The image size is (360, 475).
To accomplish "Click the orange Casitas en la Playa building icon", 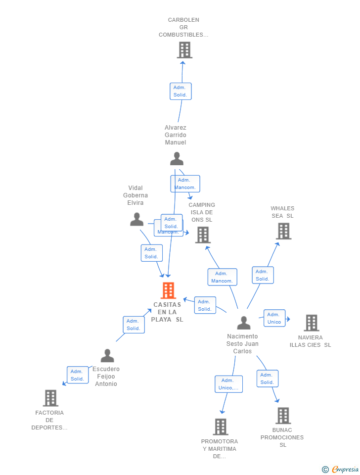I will tap(169, 290).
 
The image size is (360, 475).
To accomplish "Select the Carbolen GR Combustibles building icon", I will tap(184, 50).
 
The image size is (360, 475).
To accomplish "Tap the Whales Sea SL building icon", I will tap(283, 231).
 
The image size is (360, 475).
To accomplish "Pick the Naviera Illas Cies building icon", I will tap(311, 323).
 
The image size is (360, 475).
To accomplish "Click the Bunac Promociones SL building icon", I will tap(283, 416).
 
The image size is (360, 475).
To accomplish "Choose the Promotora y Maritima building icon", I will tap(221, 427).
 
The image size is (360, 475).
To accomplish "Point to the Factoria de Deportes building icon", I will tap(50, 398).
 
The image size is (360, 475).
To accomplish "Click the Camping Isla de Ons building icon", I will tap(203, 235).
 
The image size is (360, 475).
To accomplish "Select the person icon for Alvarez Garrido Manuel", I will tap(177, 159).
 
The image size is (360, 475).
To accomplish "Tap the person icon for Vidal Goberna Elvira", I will tap(137, 219).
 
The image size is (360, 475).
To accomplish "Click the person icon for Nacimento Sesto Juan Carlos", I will tap(244, 323).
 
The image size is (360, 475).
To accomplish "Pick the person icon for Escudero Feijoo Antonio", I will tap(107, 356).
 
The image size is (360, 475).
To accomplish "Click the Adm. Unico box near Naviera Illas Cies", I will tap(274, 318).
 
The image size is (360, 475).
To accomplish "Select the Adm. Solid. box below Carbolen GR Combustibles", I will tap(180, 91).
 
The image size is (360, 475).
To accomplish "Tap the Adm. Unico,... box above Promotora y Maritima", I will tap(228, 384).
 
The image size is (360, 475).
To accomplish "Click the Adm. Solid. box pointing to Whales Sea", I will tap(263, 275).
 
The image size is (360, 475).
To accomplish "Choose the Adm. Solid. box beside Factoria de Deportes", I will tap(78, 375).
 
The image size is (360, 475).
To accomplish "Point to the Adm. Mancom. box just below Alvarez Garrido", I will tap(185, 184).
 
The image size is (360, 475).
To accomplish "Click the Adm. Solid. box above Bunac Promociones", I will tap(268, 379).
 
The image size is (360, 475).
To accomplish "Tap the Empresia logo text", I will tap(345, 469).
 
